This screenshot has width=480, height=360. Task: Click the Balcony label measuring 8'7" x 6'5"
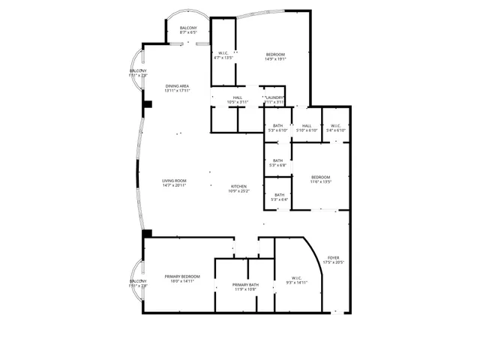[187, 31]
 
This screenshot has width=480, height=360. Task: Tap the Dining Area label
[178, 88]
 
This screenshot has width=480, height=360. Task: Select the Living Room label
[174, 183]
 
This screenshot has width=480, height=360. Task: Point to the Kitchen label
[238, 188]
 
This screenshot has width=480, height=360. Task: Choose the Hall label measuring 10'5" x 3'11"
[237, 100]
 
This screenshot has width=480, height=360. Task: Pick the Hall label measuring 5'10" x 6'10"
[306, 128]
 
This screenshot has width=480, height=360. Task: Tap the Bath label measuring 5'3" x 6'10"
[278, 128]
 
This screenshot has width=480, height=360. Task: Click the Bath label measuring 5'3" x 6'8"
[278, 163]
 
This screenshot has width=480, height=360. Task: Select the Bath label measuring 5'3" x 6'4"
[278, 197]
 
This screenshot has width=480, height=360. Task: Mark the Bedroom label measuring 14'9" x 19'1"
[275, 56]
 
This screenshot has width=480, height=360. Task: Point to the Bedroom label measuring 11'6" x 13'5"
[320, 179]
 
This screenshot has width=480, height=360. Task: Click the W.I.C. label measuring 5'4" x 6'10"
[335, 128]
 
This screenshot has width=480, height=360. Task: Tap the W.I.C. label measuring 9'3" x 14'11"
[297, 281]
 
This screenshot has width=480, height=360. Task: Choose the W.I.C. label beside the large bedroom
[223, 55]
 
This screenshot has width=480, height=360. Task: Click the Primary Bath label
[245, 286]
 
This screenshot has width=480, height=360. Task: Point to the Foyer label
[334, 260]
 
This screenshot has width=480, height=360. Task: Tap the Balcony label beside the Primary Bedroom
[138, 283]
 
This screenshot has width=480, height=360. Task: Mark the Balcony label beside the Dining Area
[138, 73]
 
